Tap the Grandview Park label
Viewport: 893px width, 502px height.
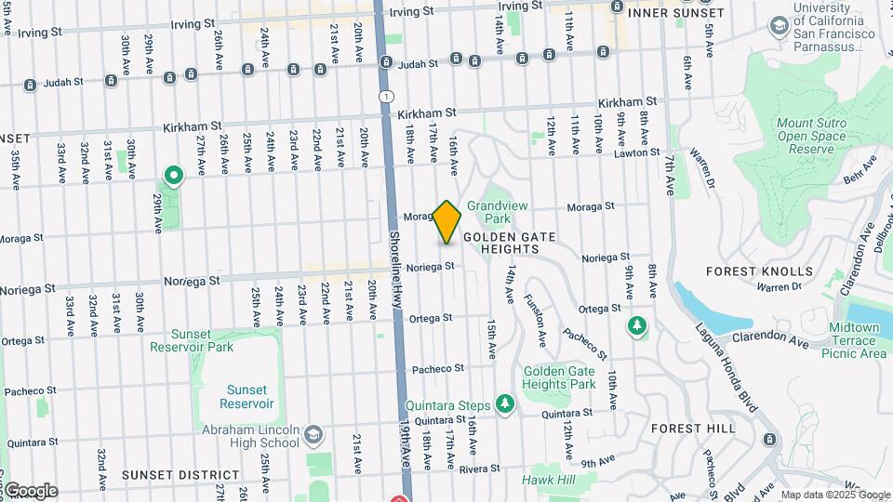(489, 212)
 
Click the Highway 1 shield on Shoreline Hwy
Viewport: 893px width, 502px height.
(386, 97)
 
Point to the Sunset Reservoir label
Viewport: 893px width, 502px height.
(247, 397)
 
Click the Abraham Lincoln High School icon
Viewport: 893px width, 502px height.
(314, 434)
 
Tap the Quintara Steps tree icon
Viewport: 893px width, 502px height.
(504, 403)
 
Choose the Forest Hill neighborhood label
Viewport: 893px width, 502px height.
(693, 429)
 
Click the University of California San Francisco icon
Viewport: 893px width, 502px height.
(779, 25)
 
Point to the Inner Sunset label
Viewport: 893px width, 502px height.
(676, 13)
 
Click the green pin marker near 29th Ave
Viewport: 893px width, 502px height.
(173, 175)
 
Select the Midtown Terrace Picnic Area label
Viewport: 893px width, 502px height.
(854, 340)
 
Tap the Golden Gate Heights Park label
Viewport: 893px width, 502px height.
(559, 377)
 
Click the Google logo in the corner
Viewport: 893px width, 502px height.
(30, 491)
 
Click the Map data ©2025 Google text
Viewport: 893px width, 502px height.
(834, 495)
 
